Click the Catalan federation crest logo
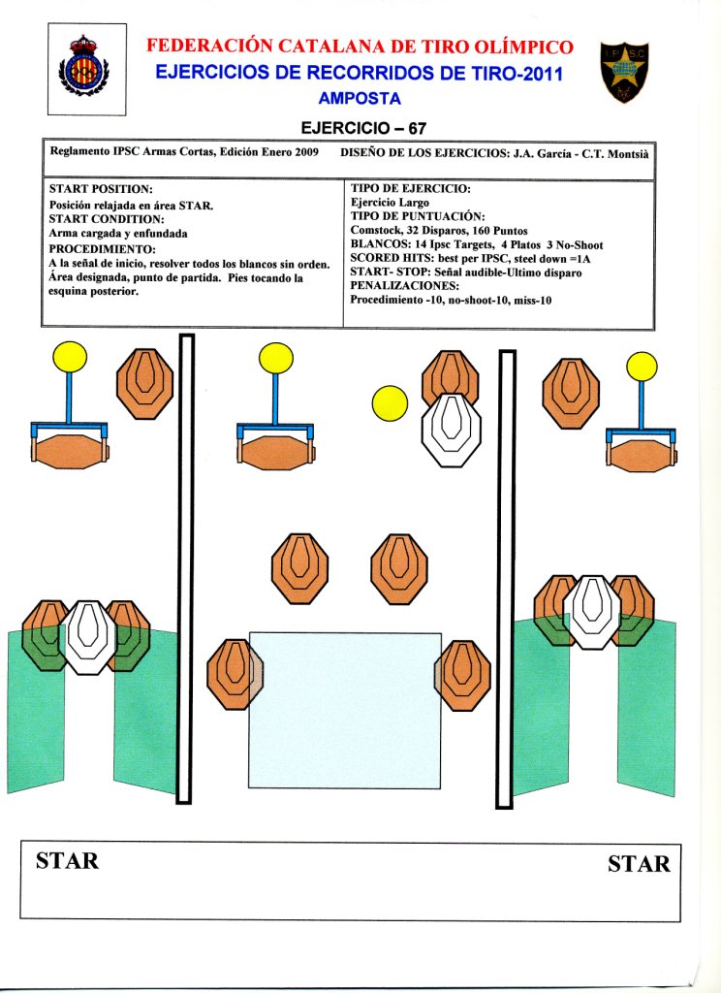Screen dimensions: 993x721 pos(85,68)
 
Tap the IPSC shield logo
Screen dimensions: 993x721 pos(624,71)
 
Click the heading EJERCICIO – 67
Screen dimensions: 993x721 pos(363,127)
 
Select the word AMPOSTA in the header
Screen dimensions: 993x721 pos(359,98)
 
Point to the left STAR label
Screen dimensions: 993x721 pos(67,860)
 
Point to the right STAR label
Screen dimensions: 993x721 pos(639,863)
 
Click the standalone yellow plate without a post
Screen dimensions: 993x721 pos(390,402)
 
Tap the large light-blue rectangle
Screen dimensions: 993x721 pos(345,710)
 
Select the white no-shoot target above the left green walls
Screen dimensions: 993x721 pos(88,636)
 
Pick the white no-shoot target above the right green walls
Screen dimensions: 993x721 pos(592,611)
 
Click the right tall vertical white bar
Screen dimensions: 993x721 pos(505,579)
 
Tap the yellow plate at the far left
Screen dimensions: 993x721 pos(69,359)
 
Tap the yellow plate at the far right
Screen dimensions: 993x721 pos(642,367)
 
